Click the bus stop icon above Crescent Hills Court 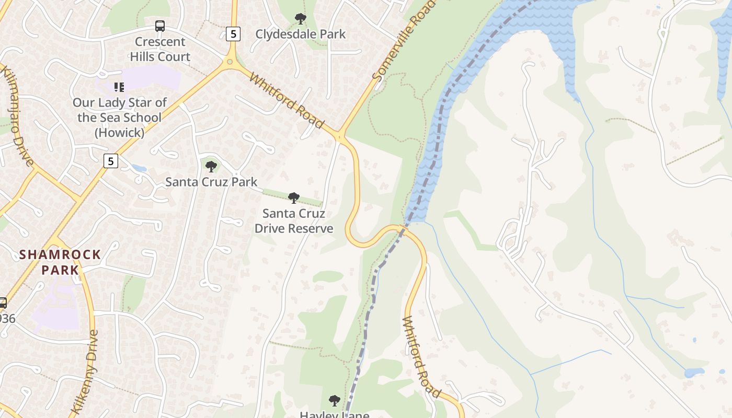coord(160,26)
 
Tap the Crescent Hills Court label coord(160,49)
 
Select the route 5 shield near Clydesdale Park coord(233,34)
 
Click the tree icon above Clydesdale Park coord(300,19)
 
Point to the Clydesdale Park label coord(300,34)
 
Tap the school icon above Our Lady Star coord(119,87)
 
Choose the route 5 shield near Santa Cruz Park coord(110,161)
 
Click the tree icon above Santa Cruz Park coord(211,167)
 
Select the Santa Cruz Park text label coord(211,182)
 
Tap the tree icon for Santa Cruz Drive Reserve coord(294,198)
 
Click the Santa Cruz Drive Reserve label coord(294,221)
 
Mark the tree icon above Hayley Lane coord(334,401)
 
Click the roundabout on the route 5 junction coord(230,62)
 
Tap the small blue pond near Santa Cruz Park coord(139,168)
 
